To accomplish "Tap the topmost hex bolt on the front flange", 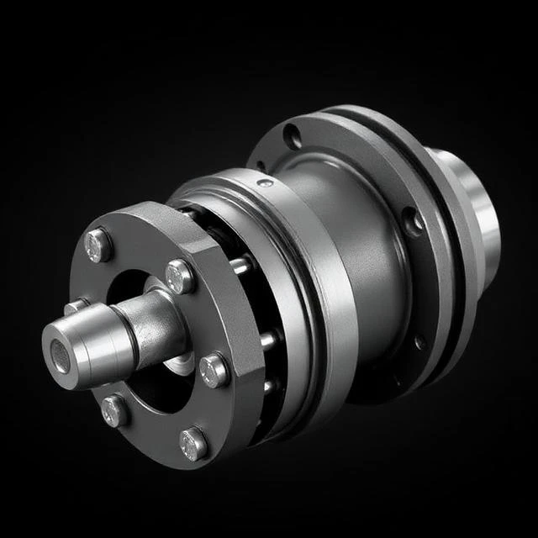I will tap(99, 244).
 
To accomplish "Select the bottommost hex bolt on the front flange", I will tap(193, 443).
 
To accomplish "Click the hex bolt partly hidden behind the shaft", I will tap(76, 307).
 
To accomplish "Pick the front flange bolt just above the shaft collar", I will tap(180, 275).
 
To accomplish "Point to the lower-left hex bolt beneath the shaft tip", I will tap(115, 410).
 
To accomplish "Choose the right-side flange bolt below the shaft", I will tap(214, 369).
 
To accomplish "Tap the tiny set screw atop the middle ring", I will tap(265, 182).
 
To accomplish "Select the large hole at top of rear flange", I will tap(293, 134).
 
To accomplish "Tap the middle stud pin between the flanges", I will tap(267, 340).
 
